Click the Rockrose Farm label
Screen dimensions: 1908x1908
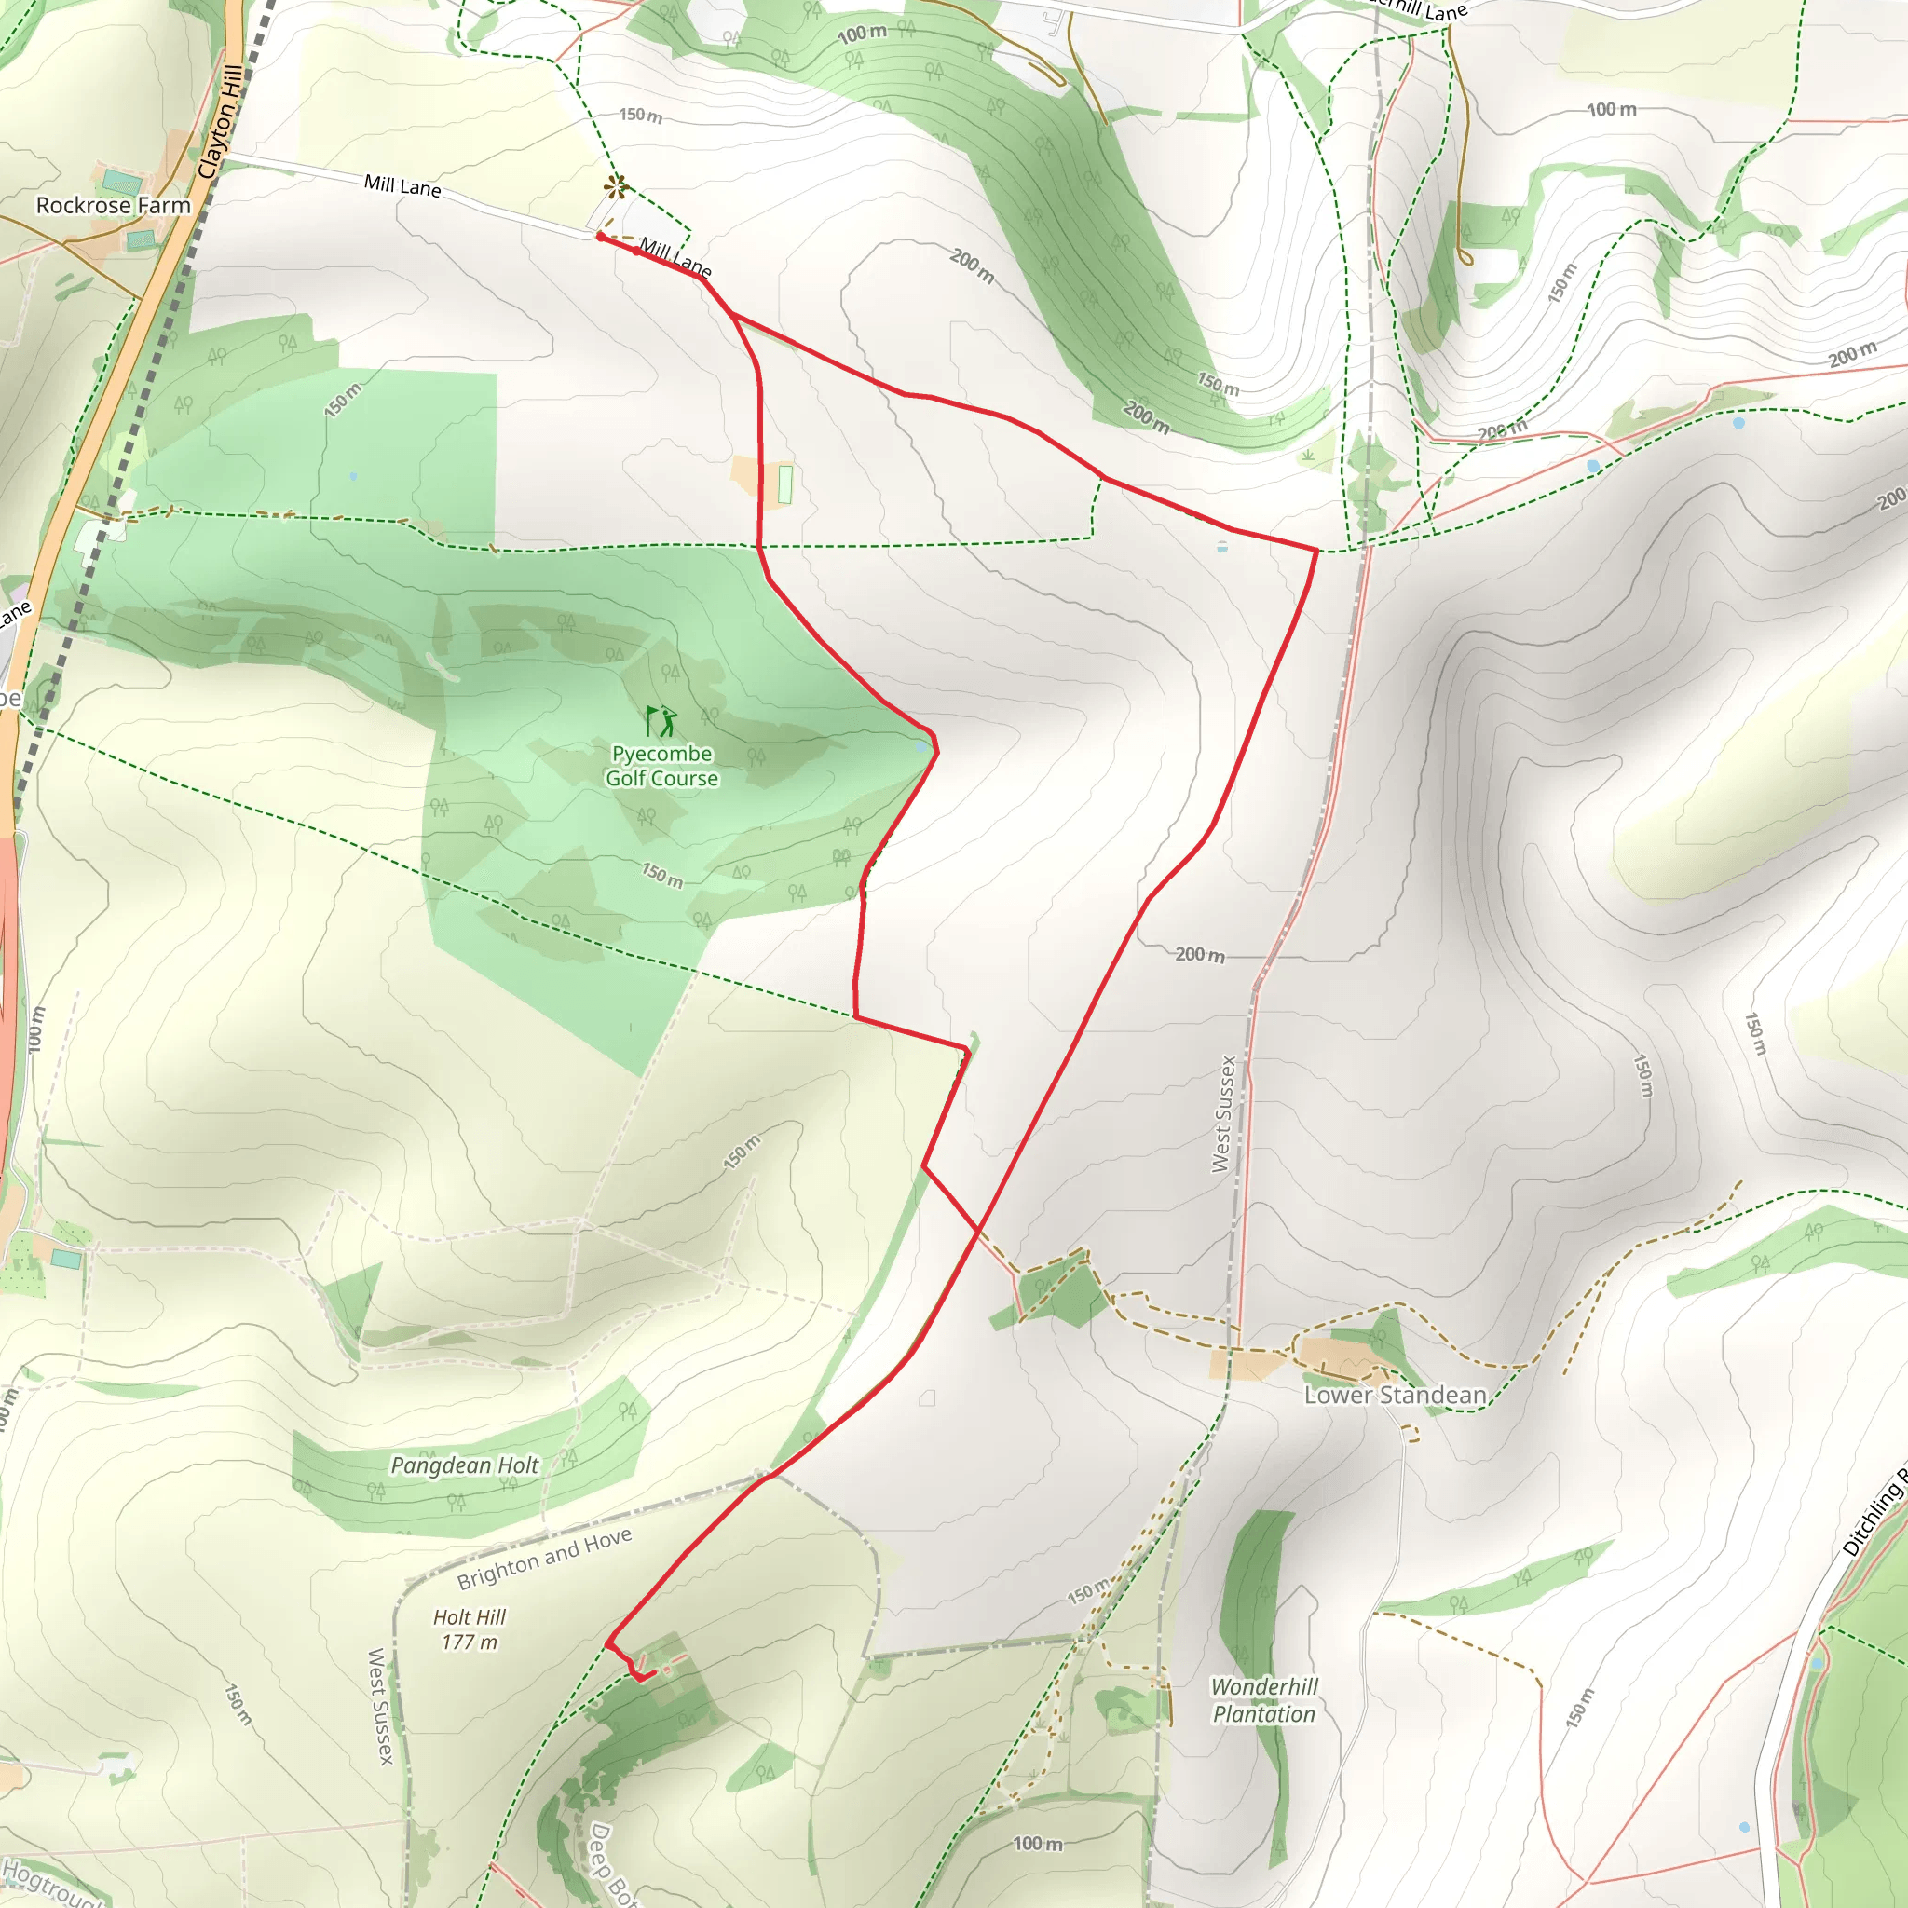coord(113,205)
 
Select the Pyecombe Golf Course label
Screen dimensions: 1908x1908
coord(661,766)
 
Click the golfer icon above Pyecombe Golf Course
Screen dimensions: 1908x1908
coord(661,721)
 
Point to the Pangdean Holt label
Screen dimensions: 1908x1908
coord(464,1465)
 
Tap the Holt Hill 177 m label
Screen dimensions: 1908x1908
coord(470,1629)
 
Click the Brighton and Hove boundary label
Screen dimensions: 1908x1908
coord(544,1560)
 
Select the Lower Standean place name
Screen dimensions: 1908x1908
coord(1395,1395)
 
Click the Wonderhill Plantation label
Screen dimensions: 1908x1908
coord(1264,1699)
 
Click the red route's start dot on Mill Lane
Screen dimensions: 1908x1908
coord(599,237)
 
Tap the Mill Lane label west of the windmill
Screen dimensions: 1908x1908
coord(402,185)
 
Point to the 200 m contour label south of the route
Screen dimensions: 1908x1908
coord(1200,954)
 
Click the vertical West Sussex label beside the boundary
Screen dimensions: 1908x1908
coord(1224,1113)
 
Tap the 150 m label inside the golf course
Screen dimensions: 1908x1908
coord(661,874)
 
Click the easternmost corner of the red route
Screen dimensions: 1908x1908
coord(1316,550)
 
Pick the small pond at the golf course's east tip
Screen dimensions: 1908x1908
coord(921,746)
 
